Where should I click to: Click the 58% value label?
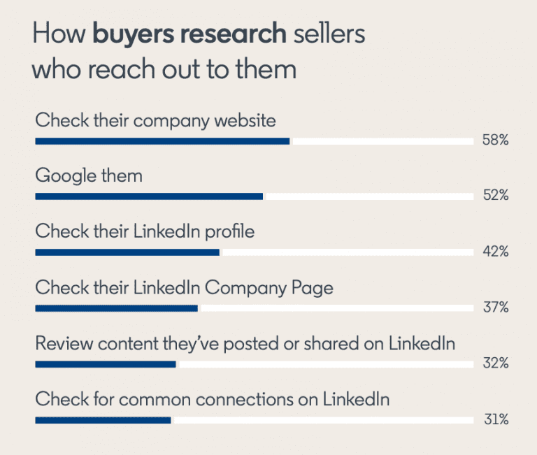pyautogui.click(x=494, y=140)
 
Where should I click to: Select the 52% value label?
pyautogui.click(x=494, y=196)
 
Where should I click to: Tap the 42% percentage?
pyautogui.click(x=494, y=252)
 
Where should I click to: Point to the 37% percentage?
pyautogui.click(x=494, y=308)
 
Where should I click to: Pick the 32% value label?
pyautogui.click(x=494, y=363)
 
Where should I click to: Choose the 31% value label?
pyautogui.click(x=494, y=419)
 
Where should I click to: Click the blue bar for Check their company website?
pyautogui.click(x=162, y=141)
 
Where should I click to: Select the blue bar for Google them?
pyautogui.click(x=149, y=196)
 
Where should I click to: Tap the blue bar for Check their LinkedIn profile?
pyautogui.click(x=127, y=252)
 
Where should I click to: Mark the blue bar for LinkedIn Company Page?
pyautogui.click(x=116, y=308)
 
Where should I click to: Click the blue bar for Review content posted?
pyautogui.click(x=105, y=364)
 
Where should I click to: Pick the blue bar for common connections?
pyautogui.click(x=103, y=420)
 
